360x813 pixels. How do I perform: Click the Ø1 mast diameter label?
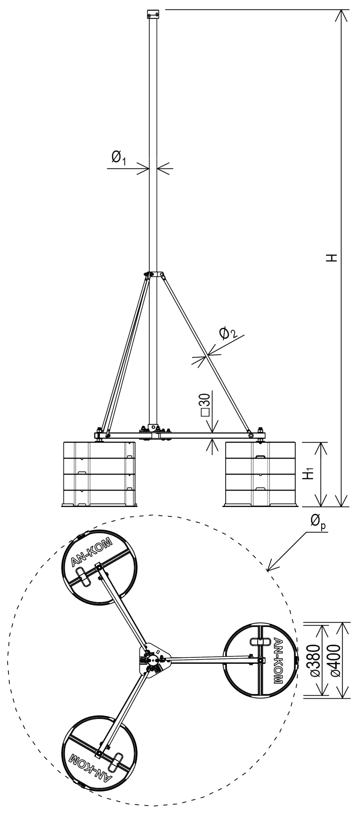(x=119, y=158)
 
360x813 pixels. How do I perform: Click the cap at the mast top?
(x=153, y=14)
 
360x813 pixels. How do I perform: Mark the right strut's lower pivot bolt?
(x=251, y=435)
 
